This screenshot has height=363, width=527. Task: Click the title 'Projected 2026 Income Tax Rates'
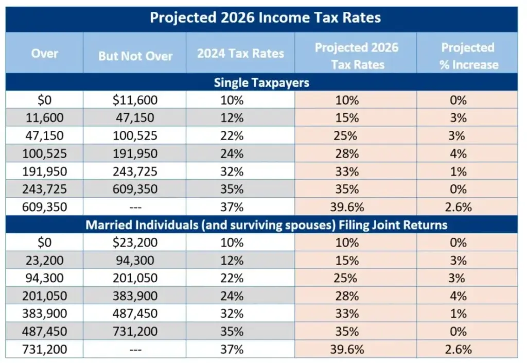(265, 18)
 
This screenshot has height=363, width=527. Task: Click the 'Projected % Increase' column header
(468, 56)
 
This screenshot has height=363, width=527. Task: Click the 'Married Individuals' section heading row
(266, 226)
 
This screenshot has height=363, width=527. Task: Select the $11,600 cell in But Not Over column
(135, 100)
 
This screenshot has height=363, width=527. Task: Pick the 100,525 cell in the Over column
(44, 153)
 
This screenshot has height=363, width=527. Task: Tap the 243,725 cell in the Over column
(44, 189)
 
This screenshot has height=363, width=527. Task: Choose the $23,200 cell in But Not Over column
(135, 243)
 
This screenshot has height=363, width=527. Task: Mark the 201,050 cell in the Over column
(44, 296)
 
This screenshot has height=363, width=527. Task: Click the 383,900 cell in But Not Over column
(135, 296)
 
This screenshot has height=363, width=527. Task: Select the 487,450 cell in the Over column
(44, 332)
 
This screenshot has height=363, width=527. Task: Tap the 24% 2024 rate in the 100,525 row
(231, 153)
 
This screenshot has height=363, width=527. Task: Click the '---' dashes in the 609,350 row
(135, 207)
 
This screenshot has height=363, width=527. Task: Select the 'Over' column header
(44, 54)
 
